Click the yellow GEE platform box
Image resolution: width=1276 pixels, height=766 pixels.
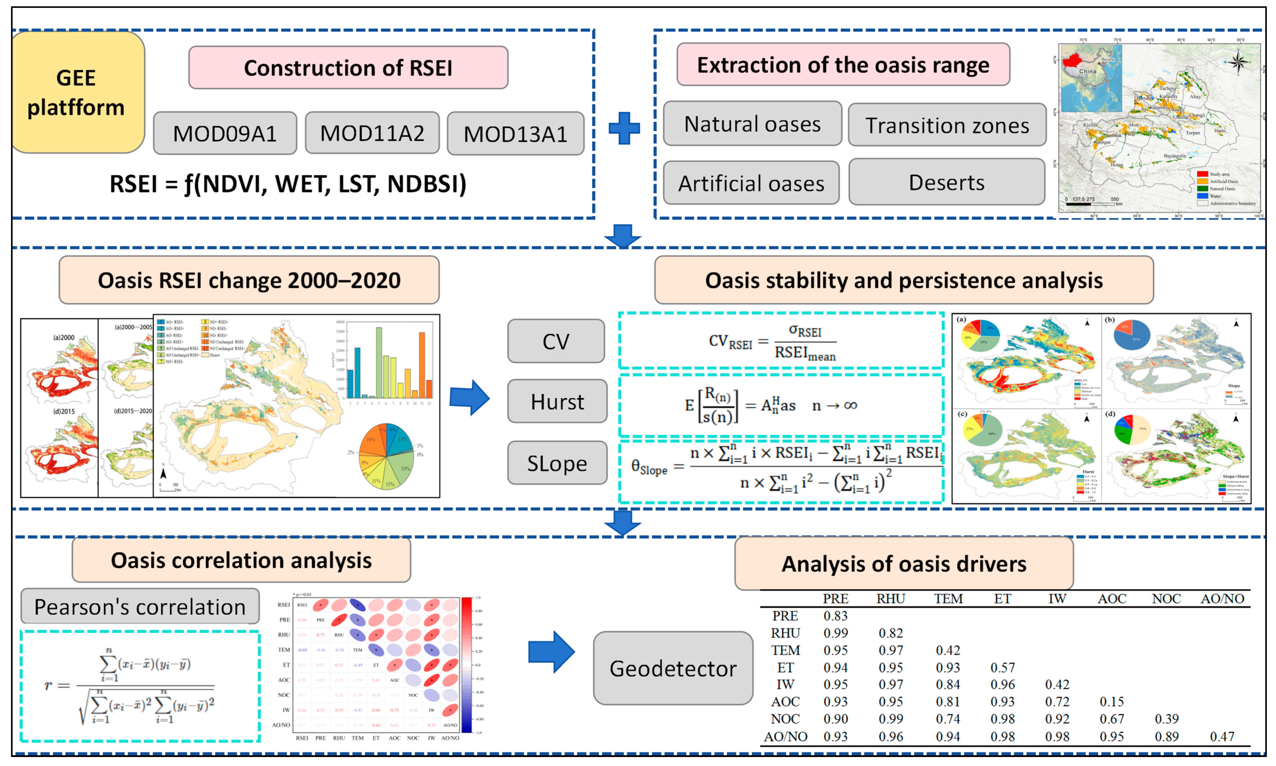pos(76,92)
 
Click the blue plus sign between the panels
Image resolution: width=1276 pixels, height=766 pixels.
pos(624,128)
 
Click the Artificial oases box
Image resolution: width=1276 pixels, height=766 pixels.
pos(751,183)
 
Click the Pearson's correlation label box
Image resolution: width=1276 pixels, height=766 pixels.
pos(140,607)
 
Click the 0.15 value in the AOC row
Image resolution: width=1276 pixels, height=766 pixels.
pos(1111,702)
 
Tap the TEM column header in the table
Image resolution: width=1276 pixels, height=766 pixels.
pos(948,599)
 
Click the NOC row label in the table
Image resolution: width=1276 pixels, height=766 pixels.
pos(785,719)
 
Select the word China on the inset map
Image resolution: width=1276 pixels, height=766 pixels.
pos(1087,71)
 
